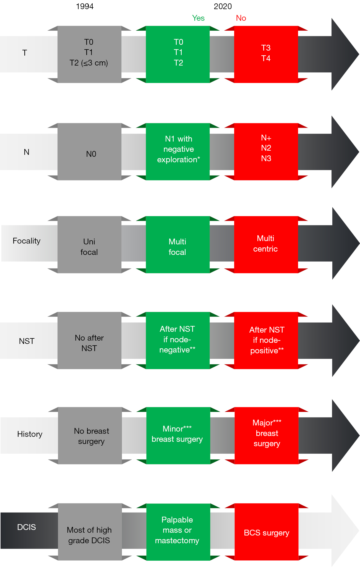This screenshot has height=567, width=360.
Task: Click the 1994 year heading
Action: click(x=85, y=6)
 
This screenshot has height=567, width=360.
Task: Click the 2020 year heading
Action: click(x=223, y=6)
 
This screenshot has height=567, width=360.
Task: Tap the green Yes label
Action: click(x=198, y=18)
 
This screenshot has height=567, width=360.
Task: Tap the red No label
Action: click(x=241, y=18)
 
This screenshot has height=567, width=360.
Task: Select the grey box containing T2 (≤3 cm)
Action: click(x=89, y=54)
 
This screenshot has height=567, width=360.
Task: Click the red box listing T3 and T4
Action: click(x=266, y=54)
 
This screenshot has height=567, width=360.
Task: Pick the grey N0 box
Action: click(x=89, y=152)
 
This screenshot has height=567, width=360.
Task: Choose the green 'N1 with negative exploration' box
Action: click(x=178, y=152)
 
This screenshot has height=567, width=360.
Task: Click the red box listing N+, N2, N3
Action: click(x=266, y=152)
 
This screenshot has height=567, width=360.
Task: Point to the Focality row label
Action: click(x=27, y=241)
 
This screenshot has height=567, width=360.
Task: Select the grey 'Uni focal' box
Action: click(x=89, y=245)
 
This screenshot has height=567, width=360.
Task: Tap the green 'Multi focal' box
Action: click(x=178, y=245)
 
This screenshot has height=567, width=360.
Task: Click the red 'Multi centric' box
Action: click(x=266, y=245)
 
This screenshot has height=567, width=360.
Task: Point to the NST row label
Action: click(x=27, y=341)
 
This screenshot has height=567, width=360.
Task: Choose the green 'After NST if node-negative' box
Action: click(x=178, y=341)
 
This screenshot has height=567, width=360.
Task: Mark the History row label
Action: click(x=30, y=434)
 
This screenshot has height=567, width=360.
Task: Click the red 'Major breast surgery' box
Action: click(x=267, y=436)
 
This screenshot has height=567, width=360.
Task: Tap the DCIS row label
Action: click(x=27, y=527)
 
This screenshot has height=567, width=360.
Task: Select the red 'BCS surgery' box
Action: click(x=267, y=532)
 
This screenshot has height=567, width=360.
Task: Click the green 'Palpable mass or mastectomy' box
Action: click(x=178, y=532)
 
